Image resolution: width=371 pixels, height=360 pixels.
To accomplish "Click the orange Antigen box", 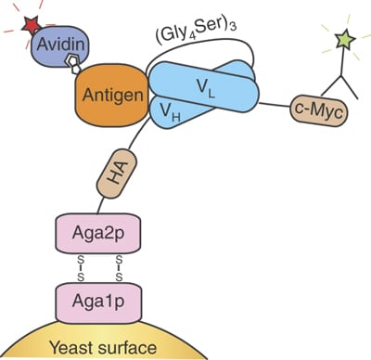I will (104, 96).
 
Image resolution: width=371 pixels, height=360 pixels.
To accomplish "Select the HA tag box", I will (112, 176).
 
